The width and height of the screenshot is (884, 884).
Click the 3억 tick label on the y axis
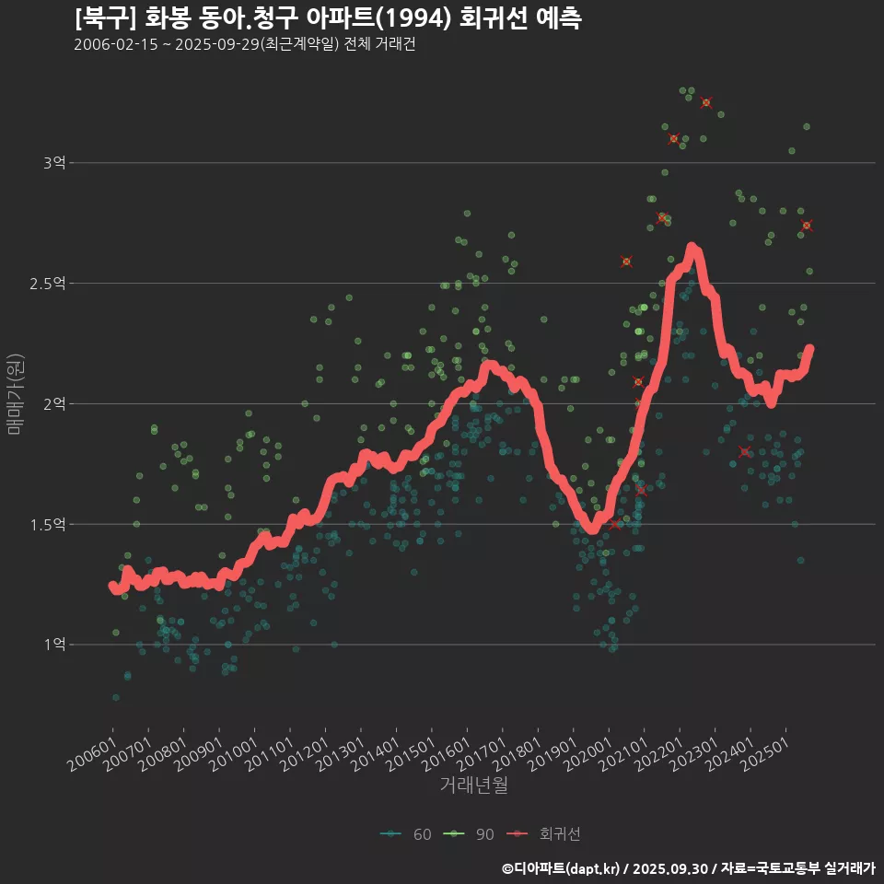(x=54, y=163)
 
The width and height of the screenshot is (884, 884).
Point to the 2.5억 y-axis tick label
(x=48, y=284)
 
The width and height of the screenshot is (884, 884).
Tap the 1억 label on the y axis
(x=54, y=645)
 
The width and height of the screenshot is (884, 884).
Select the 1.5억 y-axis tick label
(x=48, y=524)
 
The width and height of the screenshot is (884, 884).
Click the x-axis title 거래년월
(x=473, y=785)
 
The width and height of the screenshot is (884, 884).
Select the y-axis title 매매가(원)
(x=16, y=394)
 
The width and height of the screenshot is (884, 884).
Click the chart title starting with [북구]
(x=328, y=18)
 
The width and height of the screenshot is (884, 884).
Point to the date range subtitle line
(x=244, y=45)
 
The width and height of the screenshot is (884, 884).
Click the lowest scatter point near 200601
(x=115, y=697)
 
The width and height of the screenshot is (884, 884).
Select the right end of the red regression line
(x=809, y=349)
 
